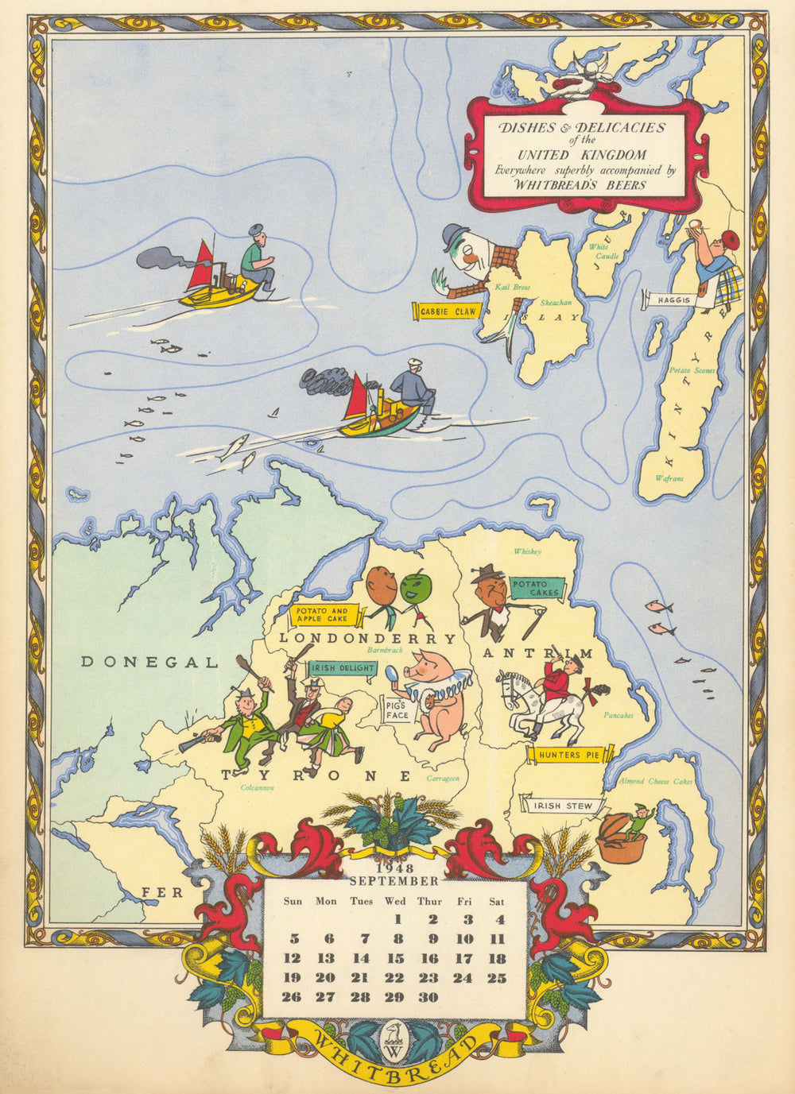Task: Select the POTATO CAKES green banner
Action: click(x=535, y=589)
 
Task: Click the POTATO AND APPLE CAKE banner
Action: click(x=322, y=614)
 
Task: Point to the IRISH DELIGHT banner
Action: click(x=343, y=669)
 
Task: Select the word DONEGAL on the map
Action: click(x=149, y=662)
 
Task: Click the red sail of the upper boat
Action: click(x=200, y=266)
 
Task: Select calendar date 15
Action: click(x=395, y=959)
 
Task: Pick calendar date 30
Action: click(x=429, y=997)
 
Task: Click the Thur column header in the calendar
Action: click(x=429, y=901)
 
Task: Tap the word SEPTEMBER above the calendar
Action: click(x=394, y=881)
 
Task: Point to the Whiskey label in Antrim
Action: click(x=527, y=551)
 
